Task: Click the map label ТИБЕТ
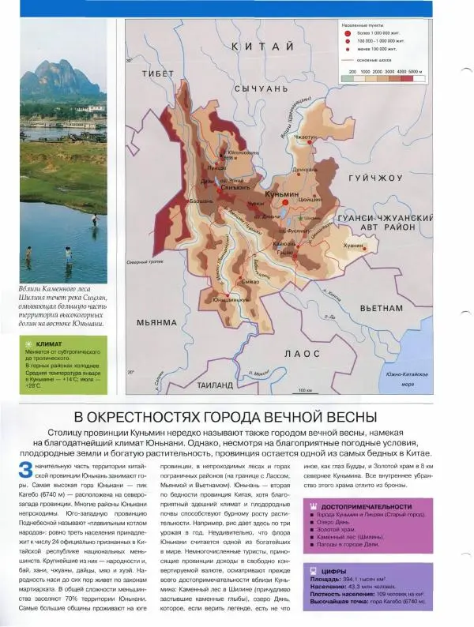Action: [x=158, y=73]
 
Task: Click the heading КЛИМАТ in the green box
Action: [x=51, y=344]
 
